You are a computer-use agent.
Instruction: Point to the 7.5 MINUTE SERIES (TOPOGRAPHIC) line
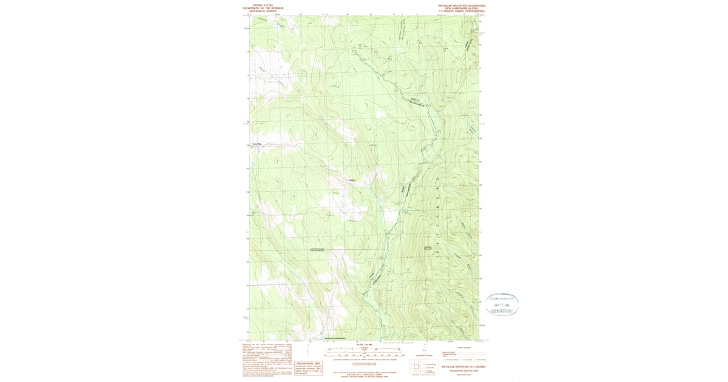[462, 11]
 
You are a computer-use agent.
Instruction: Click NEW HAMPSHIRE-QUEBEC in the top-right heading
[462, 8]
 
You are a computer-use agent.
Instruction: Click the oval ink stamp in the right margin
[502, 304]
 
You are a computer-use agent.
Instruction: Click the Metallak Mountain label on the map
[428, 248]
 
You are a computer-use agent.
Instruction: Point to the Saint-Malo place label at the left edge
[256, 144]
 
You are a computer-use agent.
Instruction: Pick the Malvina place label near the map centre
[352, 180]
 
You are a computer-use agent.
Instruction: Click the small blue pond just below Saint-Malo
[252, 147]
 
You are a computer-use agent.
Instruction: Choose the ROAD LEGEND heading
[462, 347]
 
